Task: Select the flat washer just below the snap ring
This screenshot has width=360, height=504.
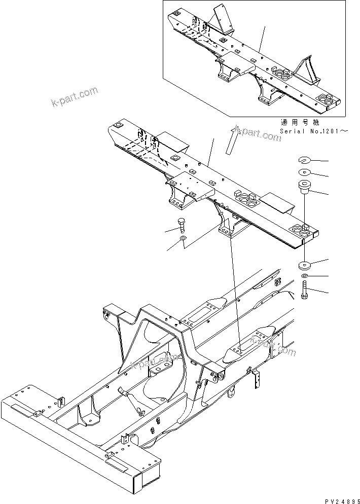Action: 304,173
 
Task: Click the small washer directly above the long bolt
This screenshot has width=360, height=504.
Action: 304,276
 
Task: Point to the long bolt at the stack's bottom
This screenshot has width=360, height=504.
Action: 304,291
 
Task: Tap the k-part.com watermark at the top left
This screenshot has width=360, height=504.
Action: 75,98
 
